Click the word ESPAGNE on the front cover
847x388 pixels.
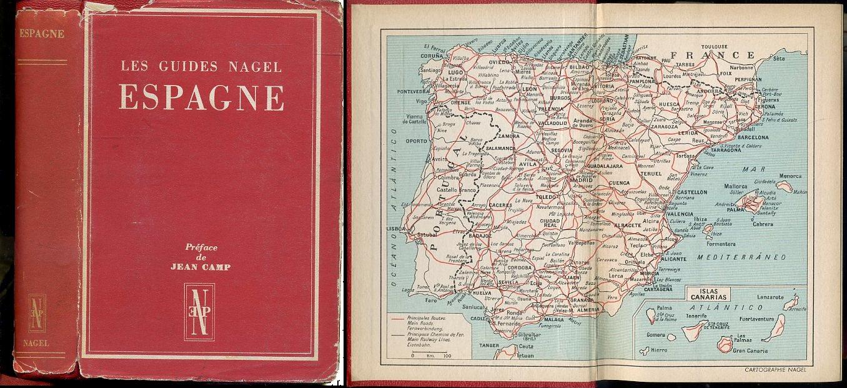[x=201, y=97]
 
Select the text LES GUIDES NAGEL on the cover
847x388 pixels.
[x=201, y=66]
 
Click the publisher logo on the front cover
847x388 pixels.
[x=199, y=312]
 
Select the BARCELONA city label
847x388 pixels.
[x=753, y=137]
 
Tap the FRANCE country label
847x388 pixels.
[x=712, y=54]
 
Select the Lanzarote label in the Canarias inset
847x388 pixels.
[x=769, y=298]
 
